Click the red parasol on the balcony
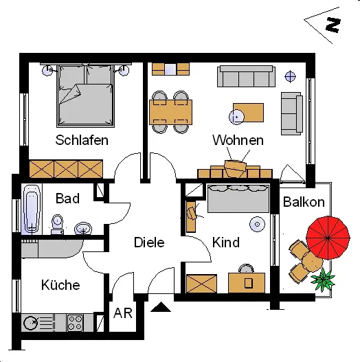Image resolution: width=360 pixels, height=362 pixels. coord(328,238)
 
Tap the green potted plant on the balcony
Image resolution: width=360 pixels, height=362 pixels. coord(323,280)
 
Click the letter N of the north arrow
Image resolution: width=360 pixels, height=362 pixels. coord(333,25)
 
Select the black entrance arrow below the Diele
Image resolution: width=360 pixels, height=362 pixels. coord(161,307)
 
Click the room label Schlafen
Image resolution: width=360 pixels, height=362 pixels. coord(82,140)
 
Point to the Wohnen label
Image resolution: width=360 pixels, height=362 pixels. coord(238,140)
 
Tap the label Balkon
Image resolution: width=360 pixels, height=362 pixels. coord(304,202)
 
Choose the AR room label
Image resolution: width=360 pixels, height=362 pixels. coord(123,313)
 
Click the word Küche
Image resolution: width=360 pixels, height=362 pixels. coord(60,284)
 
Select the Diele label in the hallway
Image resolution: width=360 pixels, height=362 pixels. coord(149,242)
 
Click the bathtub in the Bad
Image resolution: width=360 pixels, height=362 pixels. coord(32,209)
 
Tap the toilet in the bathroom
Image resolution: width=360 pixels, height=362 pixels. coord(57,225)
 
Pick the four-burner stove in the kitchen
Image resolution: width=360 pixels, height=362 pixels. coord(75,323)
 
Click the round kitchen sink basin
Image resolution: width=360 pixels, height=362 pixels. coord(31,323)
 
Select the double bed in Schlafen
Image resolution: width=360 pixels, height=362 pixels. coord(85,95)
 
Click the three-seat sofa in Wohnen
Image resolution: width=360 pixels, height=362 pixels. coord(246,76)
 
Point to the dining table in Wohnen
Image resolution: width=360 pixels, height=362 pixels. coord(170,112)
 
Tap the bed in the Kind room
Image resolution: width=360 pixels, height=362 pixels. coord(238,199)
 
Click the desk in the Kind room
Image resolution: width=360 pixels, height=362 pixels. coord(247,283)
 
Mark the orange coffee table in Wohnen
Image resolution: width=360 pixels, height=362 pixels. coord(248,113)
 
